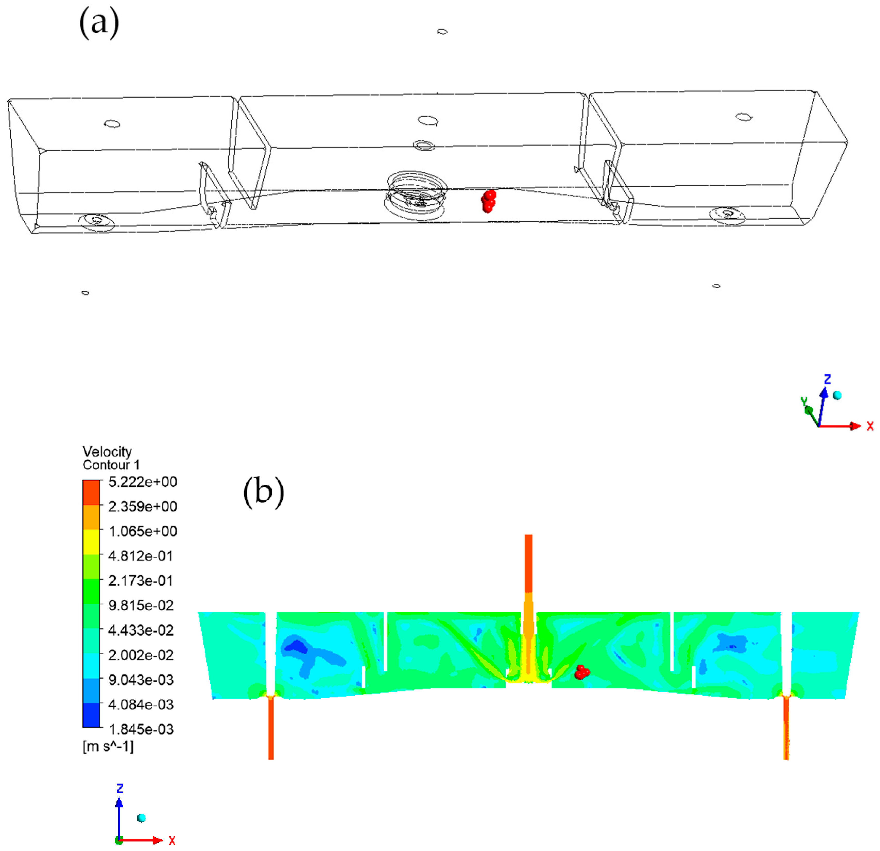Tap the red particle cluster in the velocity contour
(x=582, y=672)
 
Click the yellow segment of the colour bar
(x=91, y=542)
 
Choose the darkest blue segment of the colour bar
(x=91, y=715)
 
